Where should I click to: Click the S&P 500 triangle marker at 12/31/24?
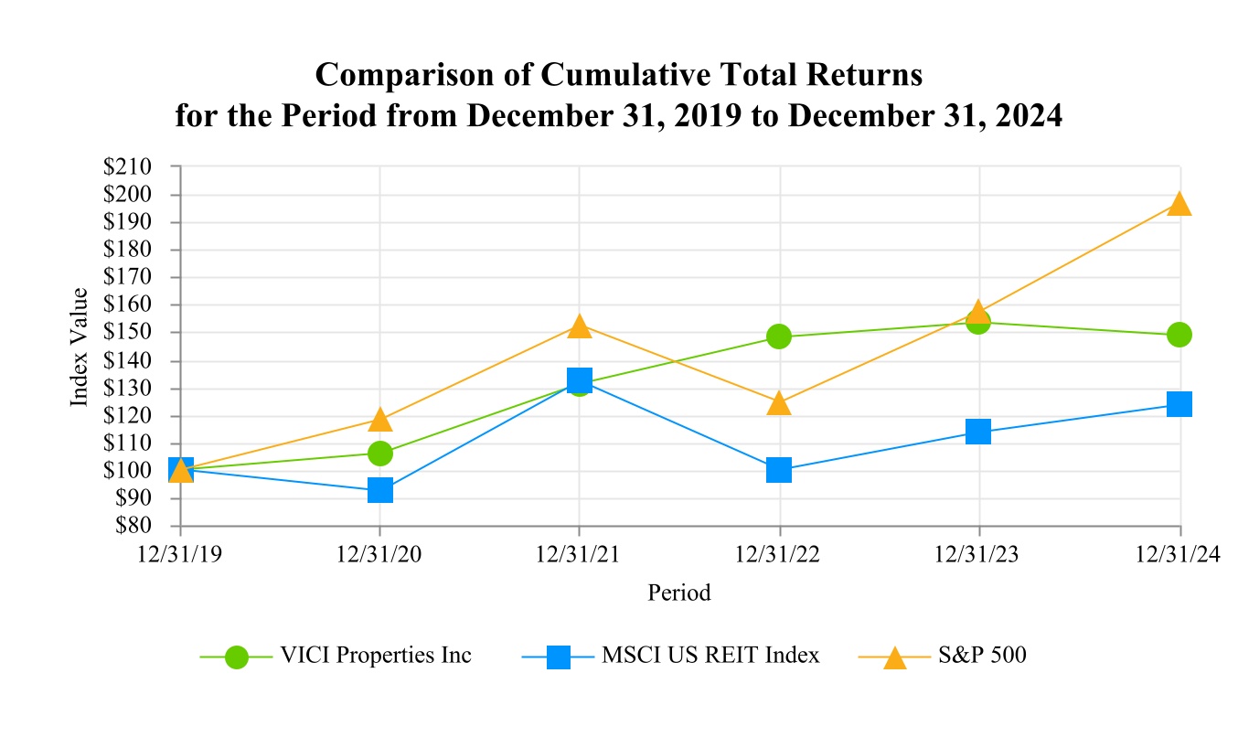(1179, 204)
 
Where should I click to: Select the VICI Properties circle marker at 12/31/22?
(779, 336)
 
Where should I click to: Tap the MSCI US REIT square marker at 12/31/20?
(380, 491)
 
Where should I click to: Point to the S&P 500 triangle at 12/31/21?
(579, 326)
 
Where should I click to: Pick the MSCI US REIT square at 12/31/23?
(978, 432)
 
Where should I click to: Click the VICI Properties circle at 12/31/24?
(1179, 335)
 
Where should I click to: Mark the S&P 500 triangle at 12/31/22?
(779, 403)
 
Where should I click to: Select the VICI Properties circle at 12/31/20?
(380, 454)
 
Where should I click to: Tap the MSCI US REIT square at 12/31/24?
(1179, 404)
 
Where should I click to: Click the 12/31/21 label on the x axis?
(579, 555)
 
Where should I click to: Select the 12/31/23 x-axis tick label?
(978, 555)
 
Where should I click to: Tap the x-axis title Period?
(679, 593)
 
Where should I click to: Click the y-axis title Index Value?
(80, 347)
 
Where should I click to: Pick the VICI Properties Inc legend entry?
(374, 656)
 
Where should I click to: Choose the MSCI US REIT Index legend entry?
(710, 656)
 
